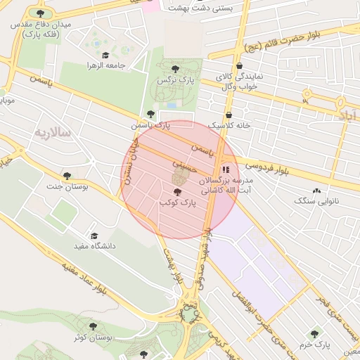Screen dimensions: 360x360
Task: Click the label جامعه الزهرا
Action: pyautogui.click(x=105, y=65)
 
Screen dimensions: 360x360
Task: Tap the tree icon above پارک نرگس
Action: pyautogui.click(x=175, y=69)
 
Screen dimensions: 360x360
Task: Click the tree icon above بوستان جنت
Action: pyautogui.click(x=67, y=176)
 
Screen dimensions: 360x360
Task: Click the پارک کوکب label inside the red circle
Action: pyautogui.click(x=176, y=202)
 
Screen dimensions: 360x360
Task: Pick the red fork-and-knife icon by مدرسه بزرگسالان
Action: pyautogui.click(x=226, y=169)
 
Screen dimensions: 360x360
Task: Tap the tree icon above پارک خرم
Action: pyautogui.click(x=314, y=334)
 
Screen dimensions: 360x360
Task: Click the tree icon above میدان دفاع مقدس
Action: pyautogui.click(x=39, y=13)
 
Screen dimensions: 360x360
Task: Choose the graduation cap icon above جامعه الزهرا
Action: pyautogui.click(x=105, y=55)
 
